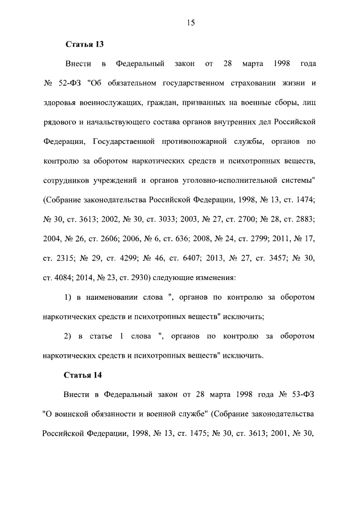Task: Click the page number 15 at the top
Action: click(x=190, y=22)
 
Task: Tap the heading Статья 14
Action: click(x=85, y=375)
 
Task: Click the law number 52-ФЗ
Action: click(x=70, y=84)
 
